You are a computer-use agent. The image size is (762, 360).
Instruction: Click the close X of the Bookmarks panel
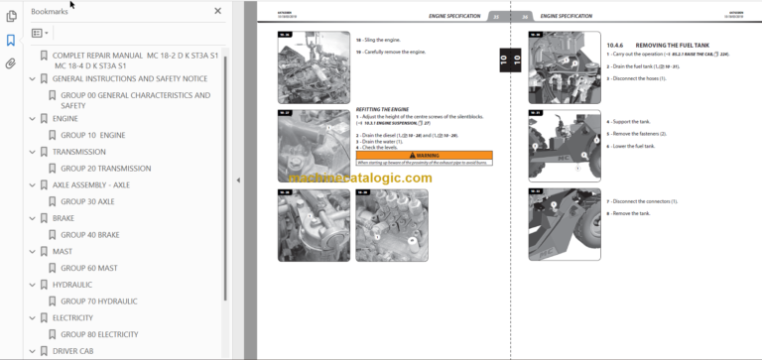[x=218, y=12]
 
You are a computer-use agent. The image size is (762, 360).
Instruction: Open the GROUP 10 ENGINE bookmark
[x=92, y=135]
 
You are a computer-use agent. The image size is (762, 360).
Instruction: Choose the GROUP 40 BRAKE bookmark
[x=90, y=235]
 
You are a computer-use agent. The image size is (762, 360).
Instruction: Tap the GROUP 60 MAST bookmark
[x=89, y=268]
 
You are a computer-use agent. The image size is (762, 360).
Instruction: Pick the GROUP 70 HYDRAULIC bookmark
[x=99, y=300]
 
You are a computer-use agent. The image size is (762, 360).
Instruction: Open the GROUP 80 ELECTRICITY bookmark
[x=99, y=334]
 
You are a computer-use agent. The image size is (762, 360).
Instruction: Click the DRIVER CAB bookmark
[x=79, y=351]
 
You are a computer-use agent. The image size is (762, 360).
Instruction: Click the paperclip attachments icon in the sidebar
[x=11, y=63]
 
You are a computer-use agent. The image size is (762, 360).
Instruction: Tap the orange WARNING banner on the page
[x=423, y=156]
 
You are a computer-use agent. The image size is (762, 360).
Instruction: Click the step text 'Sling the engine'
[x=384, y=37]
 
